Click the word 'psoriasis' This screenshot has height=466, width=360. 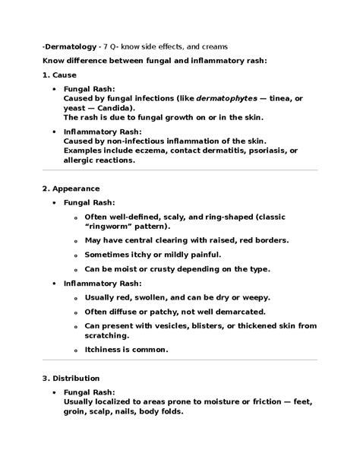tap(261, 151)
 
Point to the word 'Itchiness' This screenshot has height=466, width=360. tap(106, 349)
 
